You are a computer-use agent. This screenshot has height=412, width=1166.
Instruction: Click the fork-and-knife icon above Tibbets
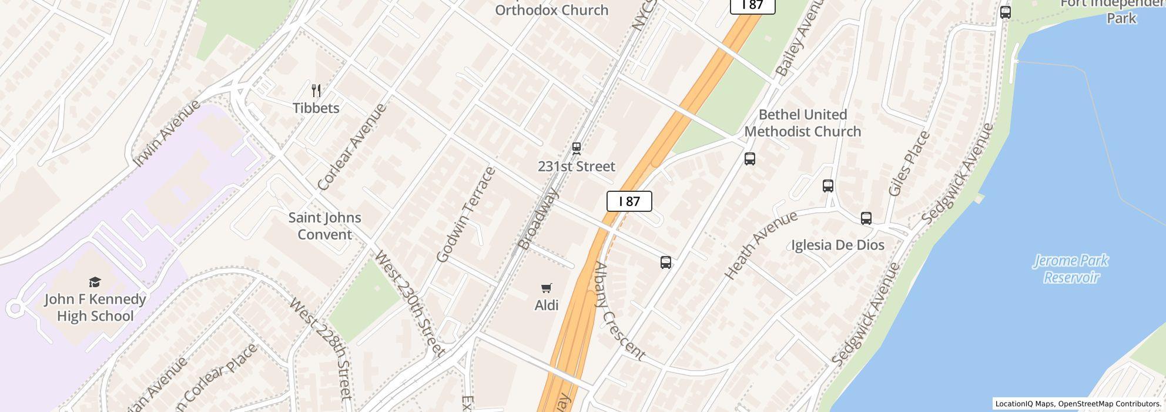[316, 91]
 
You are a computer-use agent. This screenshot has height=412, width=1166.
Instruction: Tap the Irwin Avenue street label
[167, 134]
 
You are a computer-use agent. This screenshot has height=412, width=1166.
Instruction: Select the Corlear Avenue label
[352, 147]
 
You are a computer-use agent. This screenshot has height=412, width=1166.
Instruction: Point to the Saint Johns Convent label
[324, 226]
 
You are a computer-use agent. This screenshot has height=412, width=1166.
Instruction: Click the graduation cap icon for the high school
[95, 282]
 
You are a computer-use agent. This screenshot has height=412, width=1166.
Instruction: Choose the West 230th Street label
[409, 303]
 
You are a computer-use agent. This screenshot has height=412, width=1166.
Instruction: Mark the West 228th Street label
[322, 348]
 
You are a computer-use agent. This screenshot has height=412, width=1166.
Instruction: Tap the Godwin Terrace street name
[466, 214]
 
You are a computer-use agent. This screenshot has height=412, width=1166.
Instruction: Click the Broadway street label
[537, 218]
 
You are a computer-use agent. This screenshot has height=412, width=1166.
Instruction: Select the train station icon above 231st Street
[577, 148]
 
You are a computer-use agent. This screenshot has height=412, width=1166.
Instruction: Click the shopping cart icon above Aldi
[547, 288]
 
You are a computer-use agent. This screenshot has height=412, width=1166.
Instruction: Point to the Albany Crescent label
[619, 311]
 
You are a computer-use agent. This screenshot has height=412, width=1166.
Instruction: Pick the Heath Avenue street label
[760, 245]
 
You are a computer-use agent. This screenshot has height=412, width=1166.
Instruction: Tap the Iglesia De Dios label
[837, 245]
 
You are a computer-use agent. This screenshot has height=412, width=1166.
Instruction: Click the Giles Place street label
[909, 164]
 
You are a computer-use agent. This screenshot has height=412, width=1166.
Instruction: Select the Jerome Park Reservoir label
[1070, 268]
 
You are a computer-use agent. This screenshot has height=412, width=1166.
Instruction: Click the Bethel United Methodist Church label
[803, 123]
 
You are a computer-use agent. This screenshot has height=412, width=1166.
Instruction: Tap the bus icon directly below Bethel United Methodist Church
[750, 158]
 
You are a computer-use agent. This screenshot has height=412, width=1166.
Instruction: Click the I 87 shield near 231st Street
[629, 201]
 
